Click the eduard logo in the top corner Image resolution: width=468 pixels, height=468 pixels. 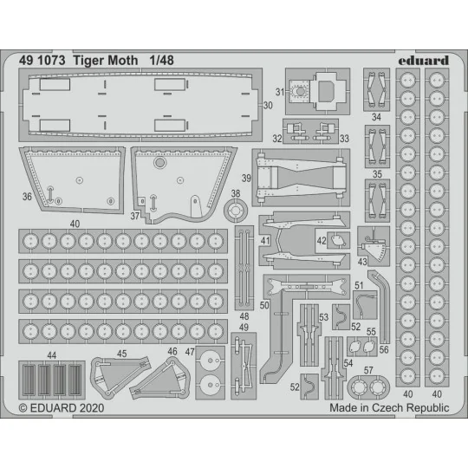pyautogui.click(x=426, y=60)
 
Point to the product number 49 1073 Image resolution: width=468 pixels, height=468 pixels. pyautogui.click(x=43, y=60)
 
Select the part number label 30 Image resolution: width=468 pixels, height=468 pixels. pyautogui.click(x=267, y=105)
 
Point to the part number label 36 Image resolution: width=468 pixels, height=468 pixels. pyautogui.click(x=27, y=197)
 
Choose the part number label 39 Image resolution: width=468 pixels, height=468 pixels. pyautogui.click(x=248, y=179)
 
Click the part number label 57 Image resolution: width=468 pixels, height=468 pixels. pyautogui.click(x=369, y=370)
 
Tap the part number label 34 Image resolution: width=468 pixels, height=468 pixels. pyautogui.click(x=376, y=116)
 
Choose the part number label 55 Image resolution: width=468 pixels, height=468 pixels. pyautogui.click(x=371, y=332)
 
